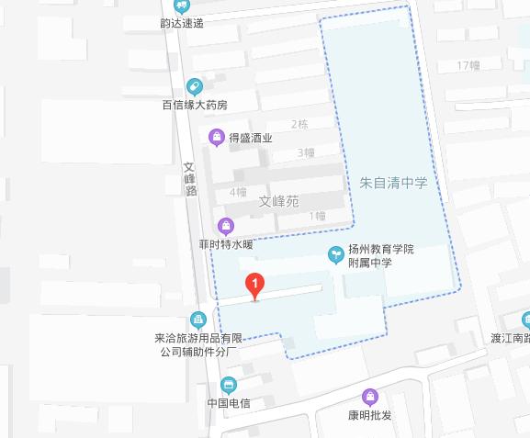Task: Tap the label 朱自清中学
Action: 393,183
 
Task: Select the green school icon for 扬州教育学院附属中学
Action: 336,254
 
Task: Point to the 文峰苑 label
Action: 278,200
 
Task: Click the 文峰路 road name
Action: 190,179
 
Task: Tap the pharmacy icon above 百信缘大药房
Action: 194,86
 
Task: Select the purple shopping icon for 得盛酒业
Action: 216,139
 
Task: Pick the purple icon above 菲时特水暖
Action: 225,226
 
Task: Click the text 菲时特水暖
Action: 225,245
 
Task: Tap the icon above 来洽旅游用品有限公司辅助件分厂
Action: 197,320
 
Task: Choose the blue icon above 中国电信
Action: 229,385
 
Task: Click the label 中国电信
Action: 229,403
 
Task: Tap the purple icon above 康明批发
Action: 370,397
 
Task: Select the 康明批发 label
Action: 370,415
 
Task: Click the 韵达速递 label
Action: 181,22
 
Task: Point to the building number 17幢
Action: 468,65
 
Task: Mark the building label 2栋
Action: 299,124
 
